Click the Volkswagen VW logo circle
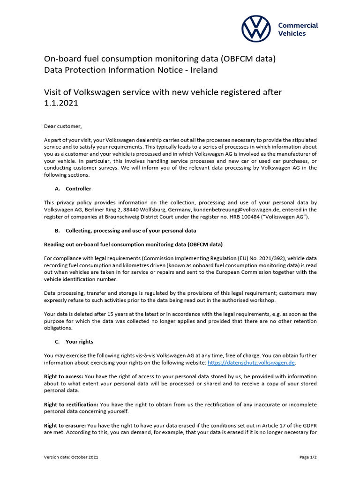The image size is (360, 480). point(256,29)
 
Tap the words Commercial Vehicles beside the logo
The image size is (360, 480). point(298,30)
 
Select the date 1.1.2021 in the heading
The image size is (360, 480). point(61,103)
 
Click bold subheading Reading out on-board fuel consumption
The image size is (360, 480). point(133,244)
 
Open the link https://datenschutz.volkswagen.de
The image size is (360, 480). point(251,363)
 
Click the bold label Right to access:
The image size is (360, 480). point(63,376)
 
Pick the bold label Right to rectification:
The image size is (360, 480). point(71,404)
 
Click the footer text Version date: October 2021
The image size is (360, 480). point(71,457)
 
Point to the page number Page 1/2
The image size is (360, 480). point(308,457)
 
